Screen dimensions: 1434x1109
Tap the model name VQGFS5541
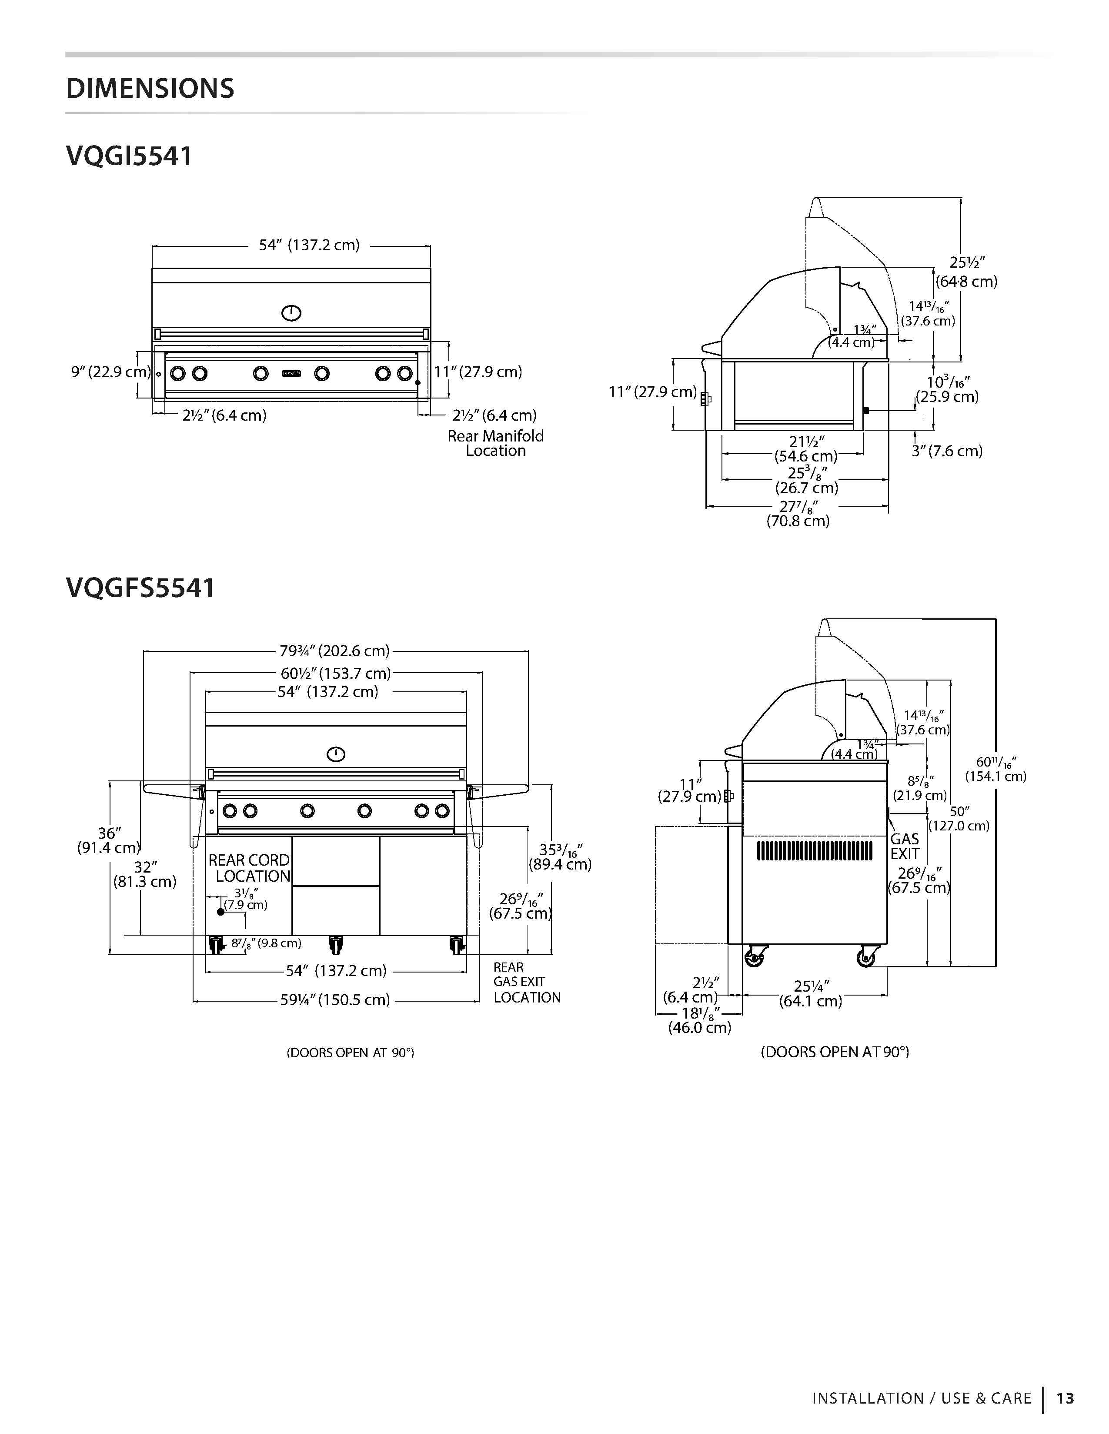(140, 588)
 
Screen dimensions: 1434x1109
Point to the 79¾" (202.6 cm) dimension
(334, 651)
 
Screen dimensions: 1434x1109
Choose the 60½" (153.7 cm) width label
(335, 673)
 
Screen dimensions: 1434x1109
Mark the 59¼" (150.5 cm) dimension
(335, 999)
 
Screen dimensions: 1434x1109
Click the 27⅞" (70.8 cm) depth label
(798, 514)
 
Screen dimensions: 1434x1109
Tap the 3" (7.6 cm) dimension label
(947, 451)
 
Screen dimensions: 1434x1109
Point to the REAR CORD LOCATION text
(249, 868)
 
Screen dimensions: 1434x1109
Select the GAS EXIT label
(905, 846)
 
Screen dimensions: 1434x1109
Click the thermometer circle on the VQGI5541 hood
(291, 313)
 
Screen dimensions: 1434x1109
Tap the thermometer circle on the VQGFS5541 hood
(336, 754)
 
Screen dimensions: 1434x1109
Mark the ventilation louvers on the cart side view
(815, 850)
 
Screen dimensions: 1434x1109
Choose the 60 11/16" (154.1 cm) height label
(995, 769)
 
